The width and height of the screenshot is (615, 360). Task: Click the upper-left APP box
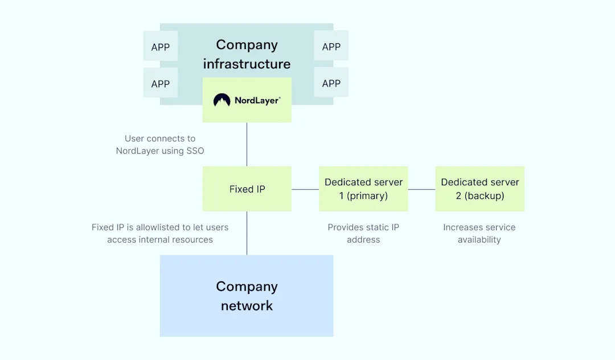coord(161,46)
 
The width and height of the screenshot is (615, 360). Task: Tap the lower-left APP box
coord(161,83)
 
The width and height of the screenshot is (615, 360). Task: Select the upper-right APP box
coord(331,46)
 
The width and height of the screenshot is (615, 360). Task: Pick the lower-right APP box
coord(331,83)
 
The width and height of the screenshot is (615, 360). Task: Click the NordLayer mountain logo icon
coord(222,100)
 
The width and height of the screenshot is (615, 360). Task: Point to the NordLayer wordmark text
coord(257,100)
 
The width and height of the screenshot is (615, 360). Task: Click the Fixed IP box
coord(247,189)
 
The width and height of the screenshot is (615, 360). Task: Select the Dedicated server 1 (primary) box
coord(363,189)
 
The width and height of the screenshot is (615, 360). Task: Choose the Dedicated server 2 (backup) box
coord(479,189)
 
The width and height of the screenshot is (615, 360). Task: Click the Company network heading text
coord(247,296)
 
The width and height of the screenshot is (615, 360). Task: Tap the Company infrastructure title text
coord(247,54)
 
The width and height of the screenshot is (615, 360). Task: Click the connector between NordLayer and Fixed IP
coord(247,144)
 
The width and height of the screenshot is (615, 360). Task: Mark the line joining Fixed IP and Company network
coord(247,234)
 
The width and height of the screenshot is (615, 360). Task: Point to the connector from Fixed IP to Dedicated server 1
coord(305,190)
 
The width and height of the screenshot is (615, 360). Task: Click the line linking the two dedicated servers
coord(421,190)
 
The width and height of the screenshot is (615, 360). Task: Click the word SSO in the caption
coord(195,151)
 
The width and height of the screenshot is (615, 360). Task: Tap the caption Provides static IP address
coord(363,234)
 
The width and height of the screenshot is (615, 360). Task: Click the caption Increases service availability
coord(479,234)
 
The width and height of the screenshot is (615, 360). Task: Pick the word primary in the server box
coord(366,196)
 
